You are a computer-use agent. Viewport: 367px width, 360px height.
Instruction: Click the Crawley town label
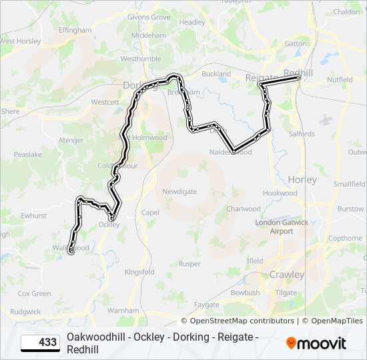(286, 275)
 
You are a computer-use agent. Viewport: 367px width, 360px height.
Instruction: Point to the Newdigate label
(180, 191)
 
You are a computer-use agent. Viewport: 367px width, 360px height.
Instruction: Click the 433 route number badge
(40, 343)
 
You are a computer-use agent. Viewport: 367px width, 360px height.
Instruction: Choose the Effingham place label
(75, 31)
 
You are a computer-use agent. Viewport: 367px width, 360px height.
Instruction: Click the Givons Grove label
(148, 17)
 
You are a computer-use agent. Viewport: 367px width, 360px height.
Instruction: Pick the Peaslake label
(27, 154)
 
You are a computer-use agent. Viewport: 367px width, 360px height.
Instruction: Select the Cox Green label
(34, 293)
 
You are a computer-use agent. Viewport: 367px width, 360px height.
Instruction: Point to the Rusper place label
(190, 264)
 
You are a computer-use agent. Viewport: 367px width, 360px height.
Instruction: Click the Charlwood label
(243, 209)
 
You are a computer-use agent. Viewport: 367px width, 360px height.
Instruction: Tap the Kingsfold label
(139, 272)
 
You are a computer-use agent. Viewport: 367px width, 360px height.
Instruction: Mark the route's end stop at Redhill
(298, 79)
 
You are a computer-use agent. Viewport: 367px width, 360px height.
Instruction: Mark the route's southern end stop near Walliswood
(71, 251)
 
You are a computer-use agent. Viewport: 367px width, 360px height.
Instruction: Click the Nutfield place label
(340, 80)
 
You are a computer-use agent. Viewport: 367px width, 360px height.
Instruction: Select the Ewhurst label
(33, 216)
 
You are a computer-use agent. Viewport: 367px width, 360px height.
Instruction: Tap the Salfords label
(302, 134)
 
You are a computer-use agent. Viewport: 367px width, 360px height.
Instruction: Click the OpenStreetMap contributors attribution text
(247, 321)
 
